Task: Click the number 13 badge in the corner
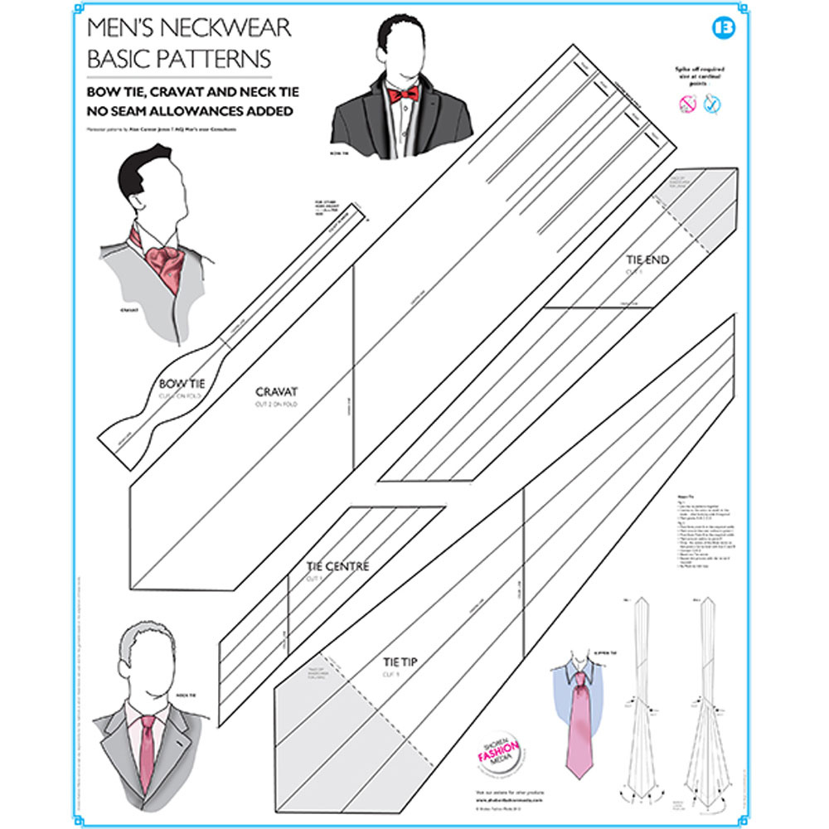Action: click(x=723, y=27)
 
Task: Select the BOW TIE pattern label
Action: click(x=181, y=383)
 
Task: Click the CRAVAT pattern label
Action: click(x=276, y=391)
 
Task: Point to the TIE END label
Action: click(x=647, y=260)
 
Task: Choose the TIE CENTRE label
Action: click(x=337, y=567)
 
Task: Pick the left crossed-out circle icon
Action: click(x=687, y=103)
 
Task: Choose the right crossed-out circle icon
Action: click(x=710, y=103)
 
